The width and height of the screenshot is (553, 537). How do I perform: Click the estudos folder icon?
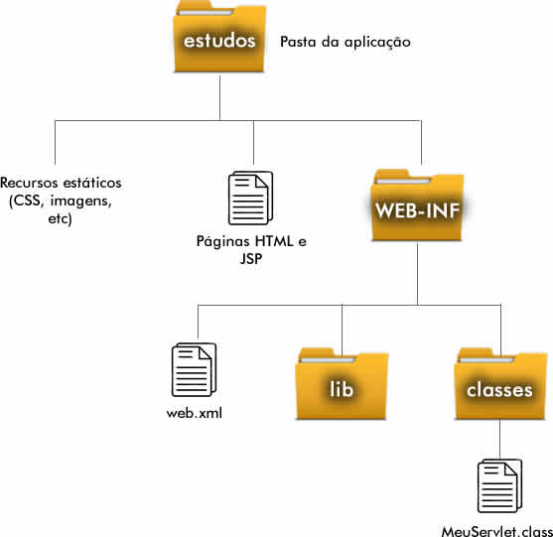[x=219, y=37]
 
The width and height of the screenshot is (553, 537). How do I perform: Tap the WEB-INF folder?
[x=418, y=205]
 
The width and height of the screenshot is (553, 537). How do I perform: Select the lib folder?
[x=342, y=383]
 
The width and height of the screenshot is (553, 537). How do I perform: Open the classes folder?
[x=500, y=383]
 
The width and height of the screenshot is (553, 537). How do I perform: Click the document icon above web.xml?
[x=194, y=369]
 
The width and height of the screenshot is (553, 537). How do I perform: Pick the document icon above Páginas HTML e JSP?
[x=251, y=198]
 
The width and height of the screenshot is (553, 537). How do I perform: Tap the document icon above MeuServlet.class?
[x=499, y=485]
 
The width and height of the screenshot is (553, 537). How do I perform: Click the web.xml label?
[x=195, y=413]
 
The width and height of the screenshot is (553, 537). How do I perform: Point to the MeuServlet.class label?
[x=497, y=531]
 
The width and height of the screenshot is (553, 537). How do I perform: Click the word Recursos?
[x=29, y=183]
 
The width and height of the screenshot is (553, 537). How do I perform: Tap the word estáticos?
[x=92, y=183]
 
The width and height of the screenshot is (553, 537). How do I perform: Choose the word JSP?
[x=251, y=259]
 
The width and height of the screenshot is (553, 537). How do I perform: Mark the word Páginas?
[x=223, y=242]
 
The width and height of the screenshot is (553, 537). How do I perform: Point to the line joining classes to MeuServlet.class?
[x=499, y=440]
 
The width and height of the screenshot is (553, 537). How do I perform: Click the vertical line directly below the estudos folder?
[x=219, y=96]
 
